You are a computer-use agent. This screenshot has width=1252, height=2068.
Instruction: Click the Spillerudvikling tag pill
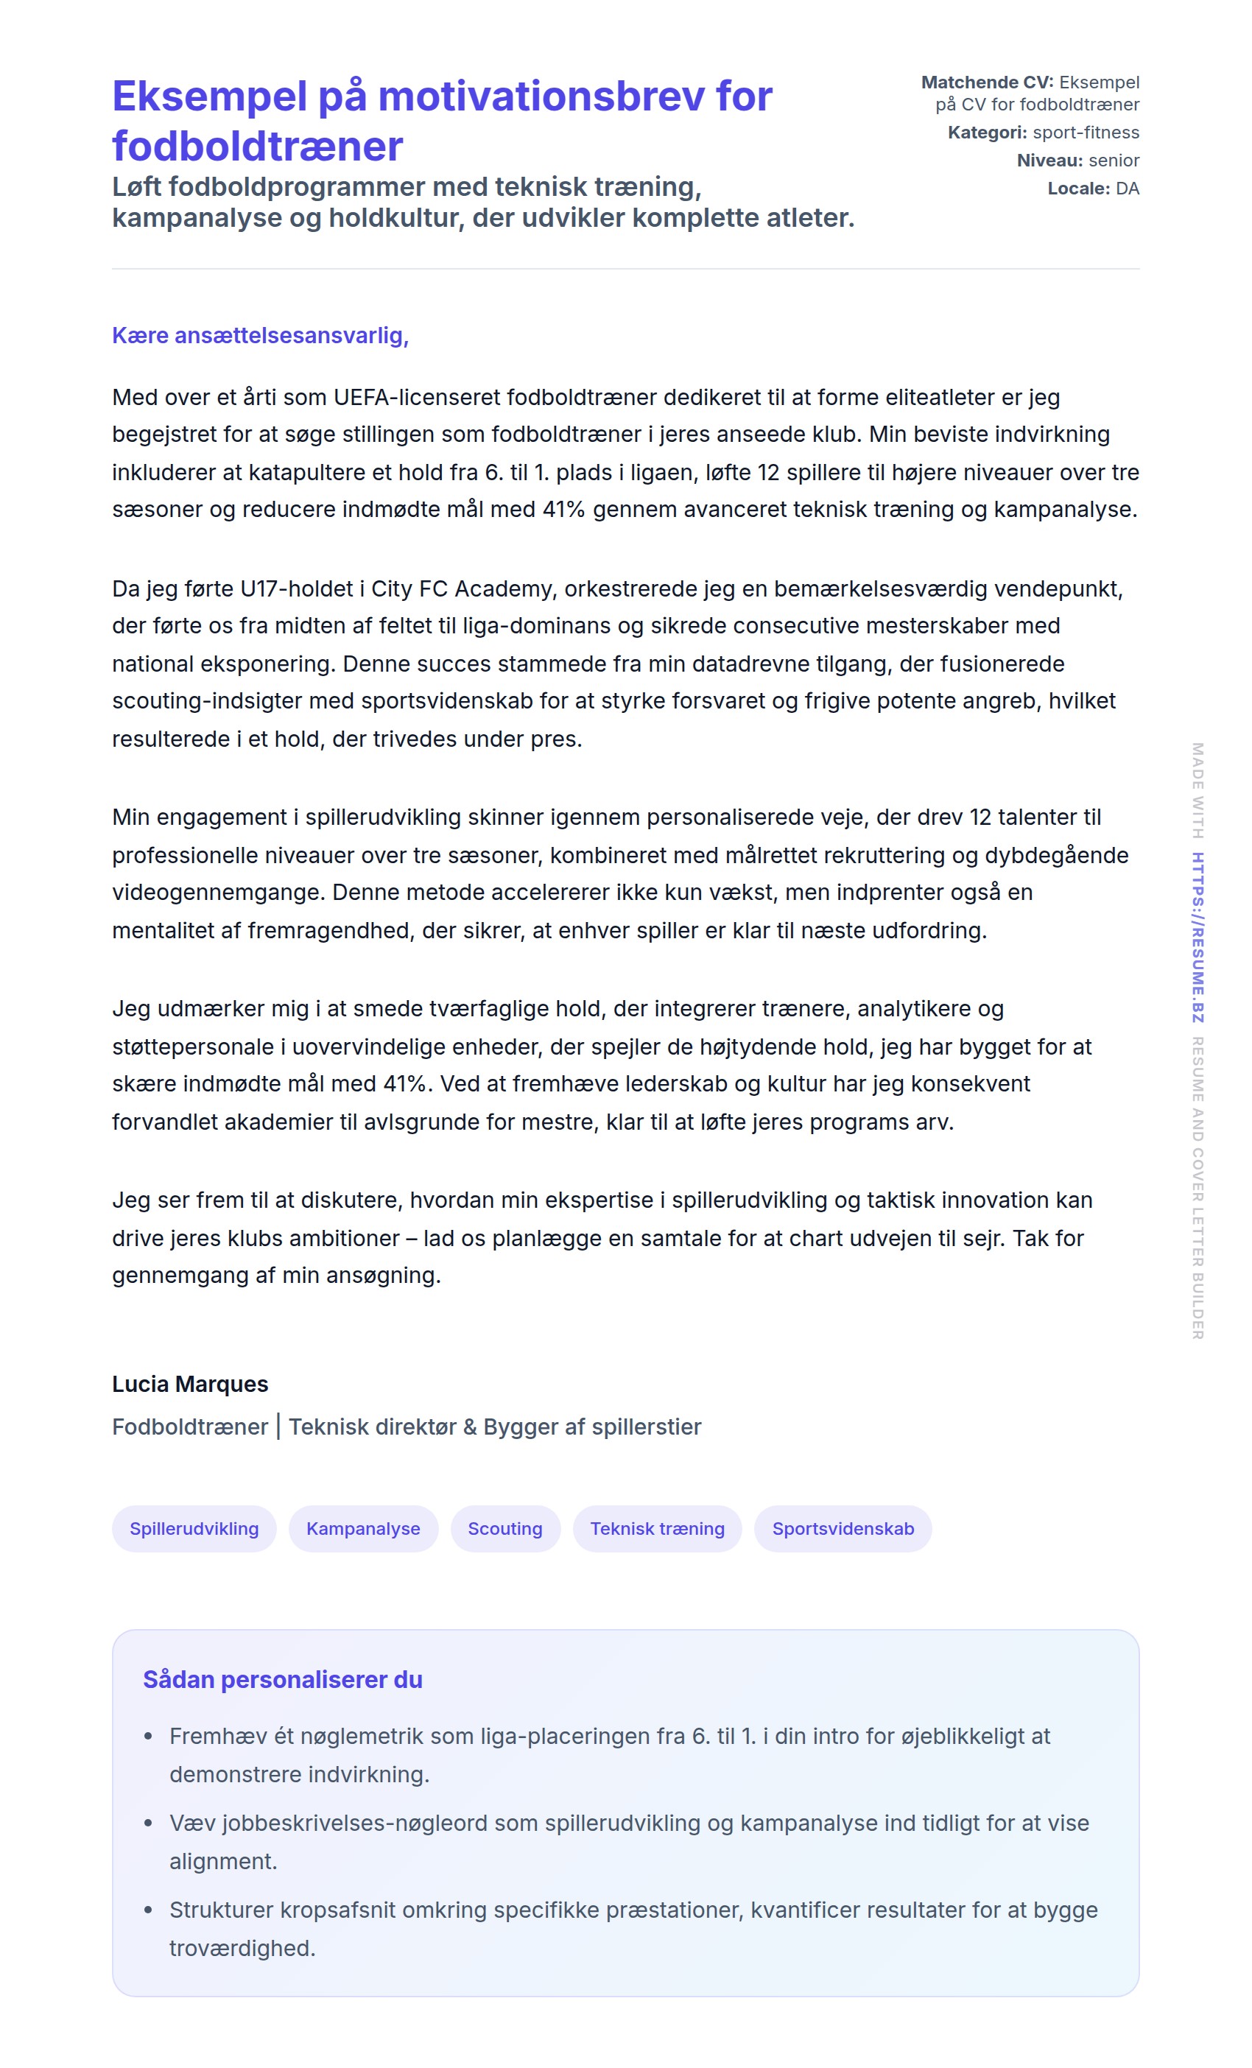pyautogui.click(x=194, y=1528)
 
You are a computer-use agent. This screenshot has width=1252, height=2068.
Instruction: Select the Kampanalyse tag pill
pyautogui.click(x=362, y=1528)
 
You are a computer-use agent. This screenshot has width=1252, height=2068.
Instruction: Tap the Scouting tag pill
pyautogui.click(x=505, y=1528)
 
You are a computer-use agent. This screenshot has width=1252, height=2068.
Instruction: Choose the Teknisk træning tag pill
pyautogui.click(x=657, y=1528)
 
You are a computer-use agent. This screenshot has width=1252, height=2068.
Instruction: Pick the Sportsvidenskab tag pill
pyautogui.click(x=843, y=1528)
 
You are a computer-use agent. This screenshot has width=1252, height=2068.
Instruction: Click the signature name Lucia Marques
pyautogui.click(x=191, y=1384)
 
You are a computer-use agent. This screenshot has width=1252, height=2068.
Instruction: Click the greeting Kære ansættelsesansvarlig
pyautogui.click(x=260, y=336)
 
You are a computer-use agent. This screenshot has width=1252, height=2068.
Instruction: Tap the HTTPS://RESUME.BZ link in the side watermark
pyautogui.click(x=1198, y=938)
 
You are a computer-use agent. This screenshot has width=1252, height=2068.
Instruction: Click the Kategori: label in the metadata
pyautogui.click(x=987, y=133)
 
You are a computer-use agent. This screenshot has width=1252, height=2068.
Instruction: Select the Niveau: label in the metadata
pyautogui.click(x=1049, y=161)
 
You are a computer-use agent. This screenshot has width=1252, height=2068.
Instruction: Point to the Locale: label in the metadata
pyautogui.click(x=1078, y=189)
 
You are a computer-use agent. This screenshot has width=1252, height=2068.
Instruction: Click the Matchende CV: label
pyautogui.click(x=987, y=82)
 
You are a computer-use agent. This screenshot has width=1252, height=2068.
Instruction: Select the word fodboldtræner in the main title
pyautogui.click(x=258, y=147)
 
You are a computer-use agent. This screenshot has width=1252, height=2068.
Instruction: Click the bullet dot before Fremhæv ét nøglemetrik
pyautogui.click(x=149, y=1737)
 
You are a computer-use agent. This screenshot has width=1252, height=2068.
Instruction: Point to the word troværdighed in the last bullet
pyautogui.click(x=242, y=1948)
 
